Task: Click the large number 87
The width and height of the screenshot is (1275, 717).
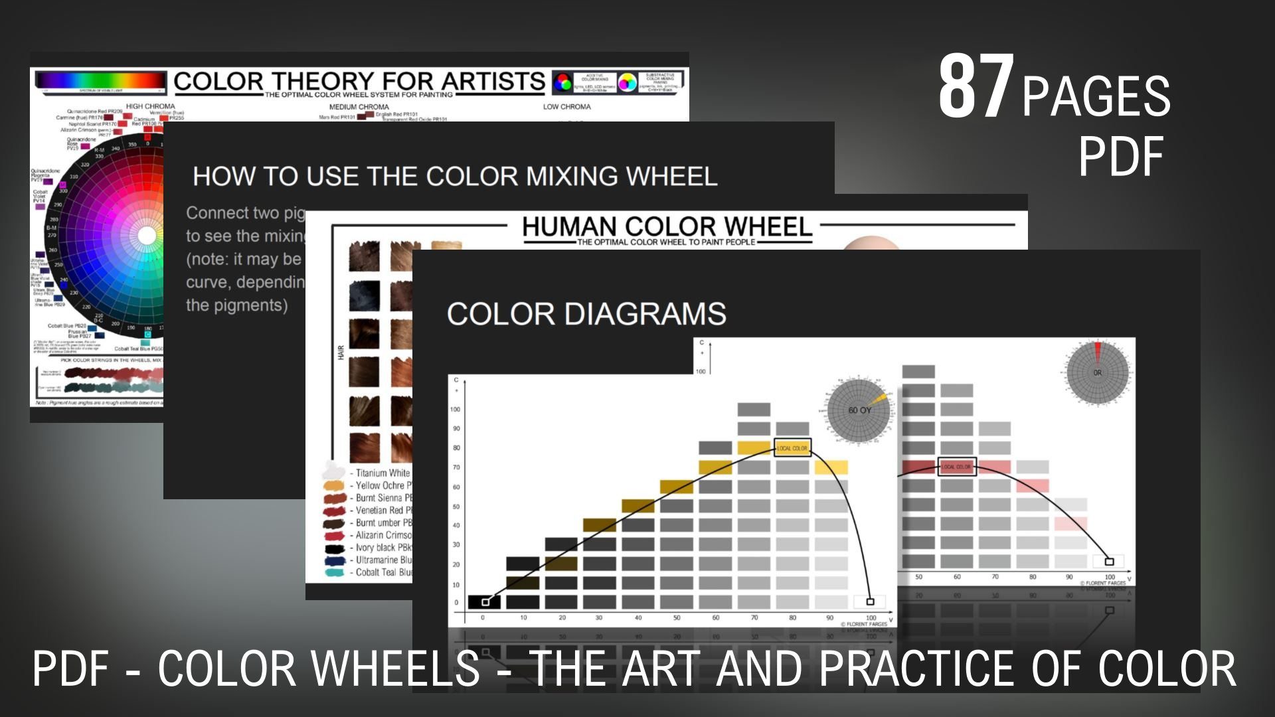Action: click(x=976, y=87)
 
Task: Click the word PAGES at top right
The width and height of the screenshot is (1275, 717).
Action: click(x=1096, y=97)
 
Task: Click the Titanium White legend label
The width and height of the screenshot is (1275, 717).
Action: click(x=382, y=473)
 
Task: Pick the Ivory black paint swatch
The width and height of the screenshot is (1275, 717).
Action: click(x=334, y=548)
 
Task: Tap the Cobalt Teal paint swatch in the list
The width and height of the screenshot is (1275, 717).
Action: click(x=334, y=572)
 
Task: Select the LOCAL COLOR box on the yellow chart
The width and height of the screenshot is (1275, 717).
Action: click(x=792, y=448)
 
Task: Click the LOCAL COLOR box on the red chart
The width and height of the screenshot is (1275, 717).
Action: click(x=956, y=467)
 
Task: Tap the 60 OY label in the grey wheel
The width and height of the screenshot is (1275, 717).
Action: click(x=859, y=410)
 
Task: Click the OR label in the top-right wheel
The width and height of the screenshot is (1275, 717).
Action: click(x=1097, y=372)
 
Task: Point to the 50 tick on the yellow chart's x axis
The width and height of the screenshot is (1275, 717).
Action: click(x=677, y=618)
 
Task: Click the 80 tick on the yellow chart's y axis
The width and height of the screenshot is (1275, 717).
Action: click(x=456, y=448)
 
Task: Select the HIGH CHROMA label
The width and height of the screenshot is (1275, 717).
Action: click(x=151, y=106)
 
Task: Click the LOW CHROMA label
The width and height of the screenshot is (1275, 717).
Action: click(x=566, y=107)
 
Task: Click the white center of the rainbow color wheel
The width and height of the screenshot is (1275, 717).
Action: click(x=147, y=236)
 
